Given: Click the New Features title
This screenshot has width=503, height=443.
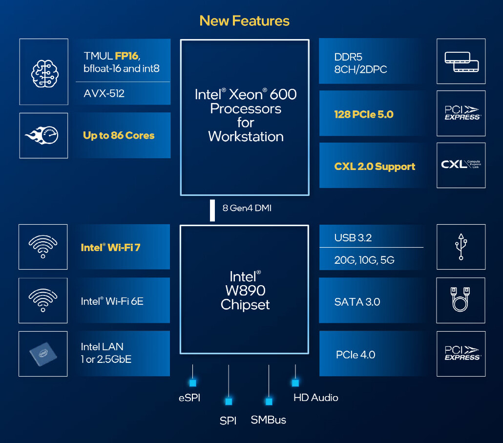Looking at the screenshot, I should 244,21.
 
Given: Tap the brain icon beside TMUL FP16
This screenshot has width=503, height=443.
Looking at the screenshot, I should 44,72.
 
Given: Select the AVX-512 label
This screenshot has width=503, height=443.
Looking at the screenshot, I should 104,93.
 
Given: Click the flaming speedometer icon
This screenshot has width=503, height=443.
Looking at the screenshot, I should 43,135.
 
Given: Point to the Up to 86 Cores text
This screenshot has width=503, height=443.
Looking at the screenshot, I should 119,136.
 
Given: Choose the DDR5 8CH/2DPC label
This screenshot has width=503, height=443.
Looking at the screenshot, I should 360,63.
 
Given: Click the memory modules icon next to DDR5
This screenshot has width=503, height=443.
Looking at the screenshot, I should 461,62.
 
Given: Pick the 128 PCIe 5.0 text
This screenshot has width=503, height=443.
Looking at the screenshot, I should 364,114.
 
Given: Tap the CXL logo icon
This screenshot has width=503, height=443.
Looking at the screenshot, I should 461,165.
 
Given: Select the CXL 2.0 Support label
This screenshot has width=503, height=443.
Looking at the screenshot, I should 375,167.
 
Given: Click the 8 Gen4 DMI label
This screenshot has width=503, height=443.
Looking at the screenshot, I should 247,208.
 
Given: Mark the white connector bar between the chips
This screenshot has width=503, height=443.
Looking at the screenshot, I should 212,210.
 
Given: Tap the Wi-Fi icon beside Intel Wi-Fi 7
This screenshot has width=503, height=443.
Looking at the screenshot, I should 43,247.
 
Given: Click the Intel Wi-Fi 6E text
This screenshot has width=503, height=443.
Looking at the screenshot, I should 112,301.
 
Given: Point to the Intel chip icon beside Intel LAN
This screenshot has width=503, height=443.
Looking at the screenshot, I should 43,354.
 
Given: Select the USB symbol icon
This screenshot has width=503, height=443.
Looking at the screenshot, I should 461,247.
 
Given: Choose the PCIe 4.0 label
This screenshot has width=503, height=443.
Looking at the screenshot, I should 356,355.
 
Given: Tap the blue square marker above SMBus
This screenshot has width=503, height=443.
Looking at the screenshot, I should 269,401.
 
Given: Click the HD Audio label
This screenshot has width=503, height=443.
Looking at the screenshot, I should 315,398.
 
